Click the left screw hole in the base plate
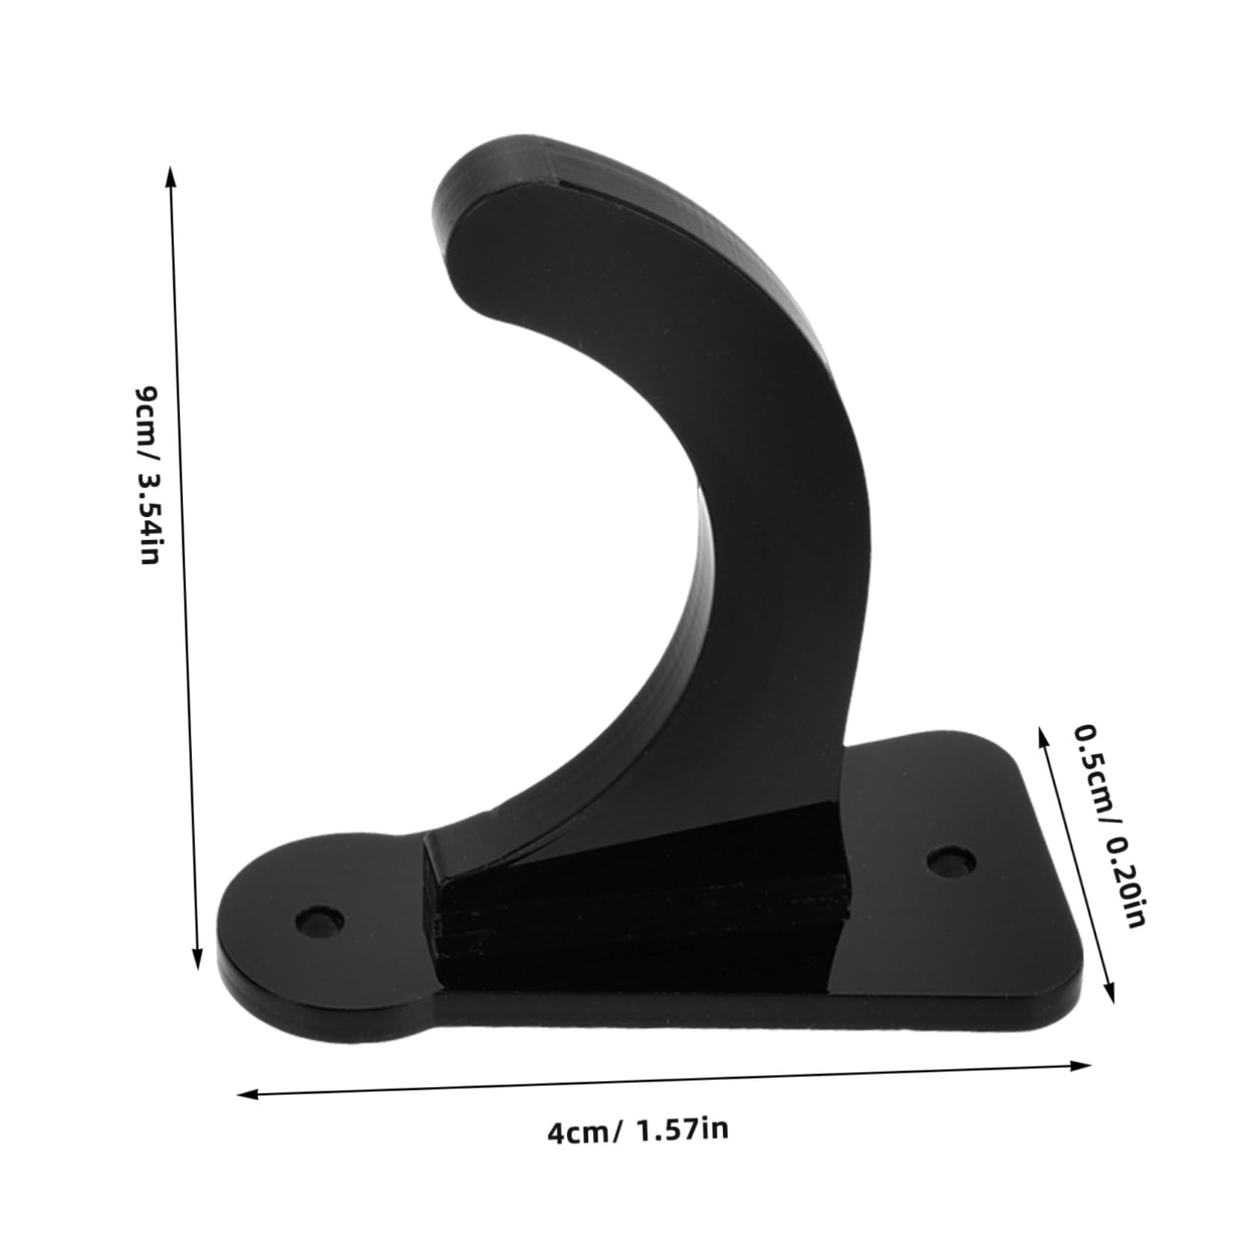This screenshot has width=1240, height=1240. click(x=320, y=921)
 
